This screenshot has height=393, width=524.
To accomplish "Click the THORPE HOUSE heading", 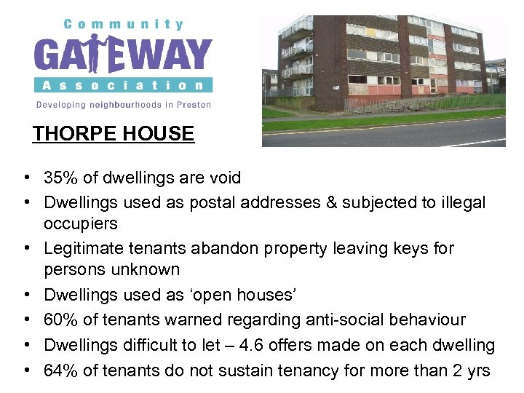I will (114, 134).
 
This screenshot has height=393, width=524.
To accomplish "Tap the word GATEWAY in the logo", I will (123, 55).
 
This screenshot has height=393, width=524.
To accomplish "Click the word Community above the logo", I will (123, 24).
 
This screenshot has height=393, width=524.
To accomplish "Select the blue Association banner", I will (123, 84).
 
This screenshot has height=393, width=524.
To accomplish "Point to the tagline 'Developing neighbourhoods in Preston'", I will (124, 105).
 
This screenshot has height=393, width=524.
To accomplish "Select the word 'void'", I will (224, 178).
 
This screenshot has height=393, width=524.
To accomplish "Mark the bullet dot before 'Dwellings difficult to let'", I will (25, 344).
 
